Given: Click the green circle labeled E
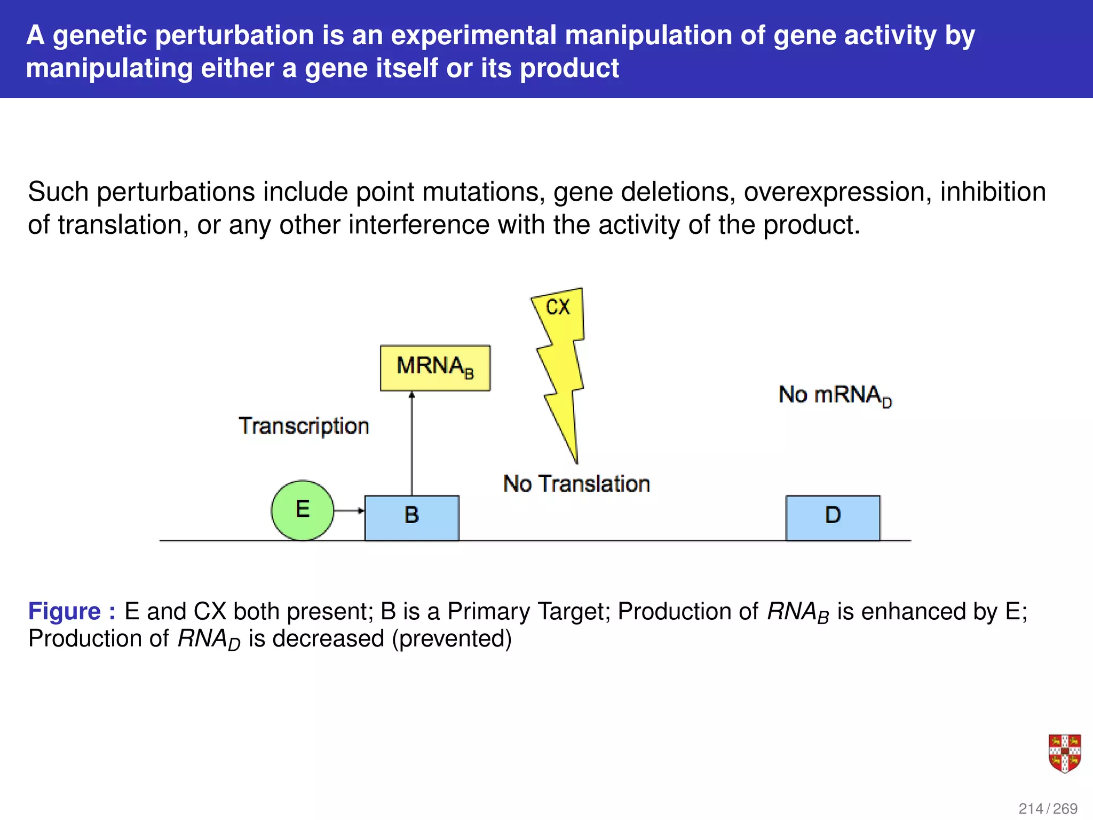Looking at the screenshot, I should point(302,510).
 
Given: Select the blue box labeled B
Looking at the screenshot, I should point(411,517).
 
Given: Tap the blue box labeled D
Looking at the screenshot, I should point(833,517).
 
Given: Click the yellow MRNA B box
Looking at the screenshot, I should point(435,368).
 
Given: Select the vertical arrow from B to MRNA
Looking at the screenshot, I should point(411,443).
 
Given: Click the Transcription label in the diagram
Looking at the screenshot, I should point(304,426).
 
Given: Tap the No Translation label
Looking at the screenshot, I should point(576,484).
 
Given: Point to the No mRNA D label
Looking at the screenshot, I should point(835,396).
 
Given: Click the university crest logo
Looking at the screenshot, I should point(1064,753).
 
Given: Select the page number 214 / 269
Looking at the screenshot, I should point(1048,808).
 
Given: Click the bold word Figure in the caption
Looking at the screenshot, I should point(65,611).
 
